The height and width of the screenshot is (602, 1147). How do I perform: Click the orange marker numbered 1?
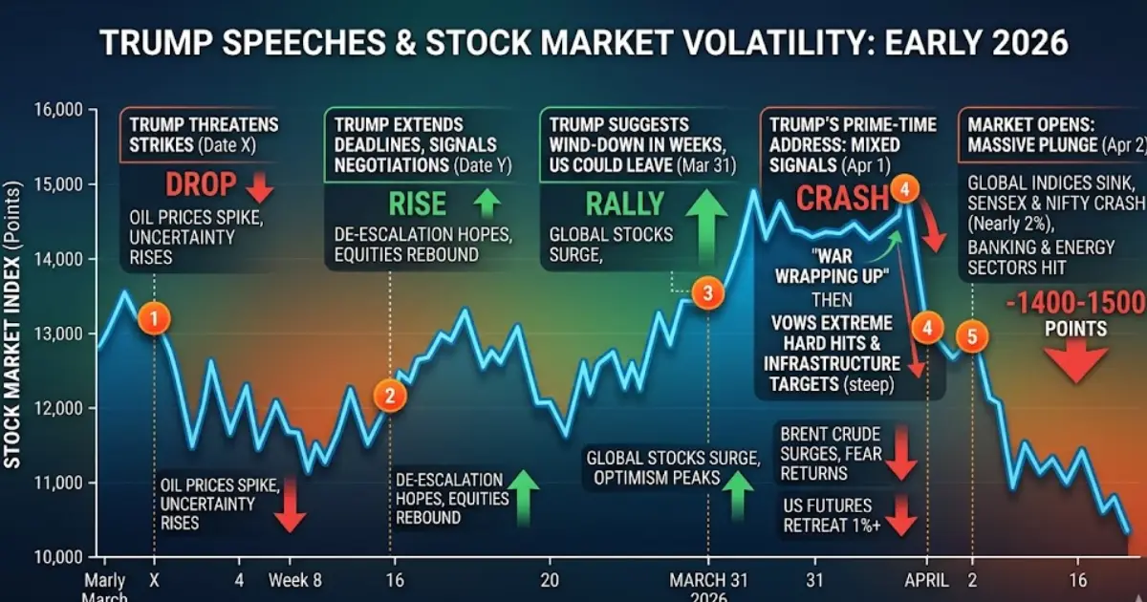(x=154, y=318)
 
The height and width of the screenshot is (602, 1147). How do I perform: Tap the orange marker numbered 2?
(x=389, y=395)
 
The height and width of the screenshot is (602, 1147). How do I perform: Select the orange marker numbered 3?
(x=707, y=293)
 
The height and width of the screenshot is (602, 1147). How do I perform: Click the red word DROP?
(x=201, y=185)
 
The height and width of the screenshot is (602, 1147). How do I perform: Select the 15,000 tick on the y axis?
(x=56, y=183)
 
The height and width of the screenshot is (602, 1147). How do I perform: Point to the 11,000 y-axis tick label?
(x=56, y=483)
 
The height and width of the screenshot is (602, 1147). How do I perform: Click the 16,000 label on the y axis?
(x=56, y=110)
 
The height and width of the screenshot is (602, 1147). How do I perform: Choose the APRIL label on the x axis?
(x=926, y=579)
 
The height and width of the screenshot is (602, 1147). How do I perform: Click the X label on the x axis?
(x=154, y=579)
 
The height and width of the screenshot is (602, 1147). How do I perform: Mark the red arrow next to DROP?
(x=259, y=187)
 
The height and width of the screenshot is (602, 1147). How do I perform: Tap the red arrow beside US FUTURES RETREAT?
(x=900, y=515)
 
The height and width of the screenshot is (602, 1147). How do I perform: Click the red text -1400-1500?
(x=1075, y=304)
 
